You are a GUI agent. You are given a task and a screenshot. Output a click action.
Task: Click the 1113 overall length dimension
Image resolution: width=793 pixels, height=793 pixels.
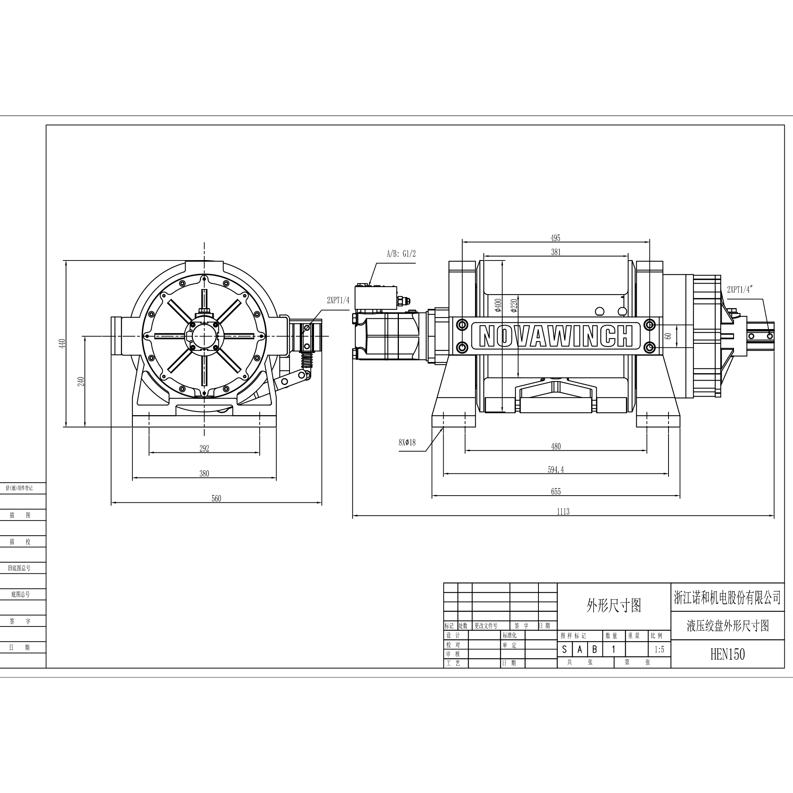click(563, 511)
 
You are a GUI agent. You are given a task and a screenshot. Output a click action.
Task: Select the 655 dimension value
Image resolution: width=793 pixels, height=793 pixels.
click(555, 491)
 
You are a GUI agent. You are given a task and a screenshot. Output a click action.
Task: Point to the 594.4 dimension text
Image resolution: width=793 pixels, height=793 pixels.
click(555, 469)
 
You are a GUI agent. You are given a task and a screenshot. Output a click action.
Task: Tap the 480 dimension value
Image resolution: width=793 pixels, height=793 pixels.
click(555, 446)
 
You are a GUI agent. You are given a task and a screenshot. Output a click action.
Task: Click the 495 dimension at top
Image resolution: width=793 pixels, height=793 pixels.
click(555, 238)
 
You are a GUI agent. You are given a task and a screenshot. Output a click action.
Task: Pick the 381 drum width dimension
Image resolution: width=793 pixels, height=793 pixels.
click(555, 252)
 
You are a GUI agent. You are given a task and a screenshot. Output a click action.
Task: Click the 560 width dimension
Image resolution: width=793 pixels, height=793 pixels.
click(216, 499)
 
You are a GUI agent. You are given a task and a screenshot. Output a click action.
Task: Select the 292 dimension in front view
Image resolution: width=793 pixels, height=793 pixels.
click(204, 448)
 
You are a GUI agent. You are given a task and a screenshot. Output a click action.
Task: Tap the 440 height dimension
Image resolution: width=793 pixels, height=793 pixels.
click(62, 343)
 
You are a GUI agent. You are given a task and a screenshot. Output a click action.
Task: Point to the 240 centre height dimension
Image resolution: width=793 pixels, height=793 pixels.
click(81, 381)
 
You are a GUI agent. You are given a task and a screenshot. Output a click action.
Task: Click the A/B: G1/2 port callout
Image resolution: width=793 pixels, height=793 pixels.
click(401, 254)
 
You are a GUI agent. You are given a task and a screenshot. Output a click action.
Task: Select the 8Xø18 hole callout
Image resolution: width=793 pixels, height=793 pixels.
click(407, 442)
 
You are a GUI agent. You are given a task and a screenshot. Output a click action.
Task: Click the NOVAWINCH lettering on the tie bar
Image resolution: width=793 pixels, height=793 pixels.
click(555, 336)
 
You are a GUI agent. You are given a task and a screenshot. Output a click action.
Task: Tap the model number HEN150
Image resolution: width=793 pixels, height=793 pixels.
click(727, 654)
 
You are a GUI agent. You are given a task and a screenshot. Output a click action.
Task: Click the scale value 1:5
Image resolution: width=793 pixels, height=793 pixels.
click(659, 650)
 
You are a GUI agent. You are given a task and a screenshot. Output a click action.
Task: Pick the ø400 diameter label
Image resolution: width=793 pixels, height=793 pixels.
click(498, 305)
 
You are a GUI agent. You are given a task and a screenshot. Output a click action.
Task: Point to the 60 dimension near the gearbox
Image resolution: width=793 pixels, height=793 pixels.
click(668, 336)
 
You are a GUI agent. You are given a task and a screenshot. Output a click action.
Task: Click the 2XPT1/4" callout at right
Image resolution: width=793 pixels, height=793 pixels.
click(739, 289)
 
